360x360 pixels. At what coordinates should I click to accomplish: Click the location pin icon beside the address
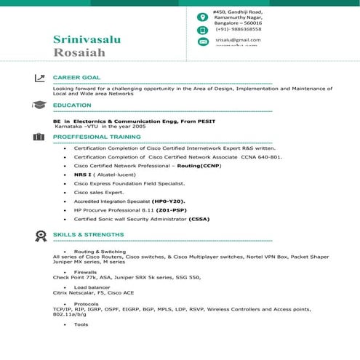(203, 16)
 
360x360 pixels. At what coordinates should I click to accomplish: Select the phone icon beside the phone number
(203, 30)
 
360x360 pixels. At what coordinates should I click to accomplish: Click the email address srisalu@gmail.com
(238, 39)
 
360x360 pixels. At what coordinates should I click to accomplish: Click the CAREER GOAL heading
(77, 77)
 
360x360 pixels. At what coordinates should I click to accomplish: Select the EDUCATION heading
(73, 105)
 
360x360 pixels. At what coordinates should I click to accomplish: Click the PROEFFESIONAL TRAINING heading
(97, 136)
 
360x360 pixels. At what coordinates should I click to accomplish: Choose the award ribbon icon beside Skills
(39, 235)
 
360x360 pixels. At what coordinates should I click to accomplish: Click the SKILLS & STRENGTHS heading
(89, 235)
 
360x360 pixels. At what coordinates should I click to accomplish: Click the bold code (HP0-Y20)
(169, 200)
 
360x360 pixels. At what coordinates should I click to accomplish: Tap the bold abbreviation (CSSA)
(201, 218)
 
